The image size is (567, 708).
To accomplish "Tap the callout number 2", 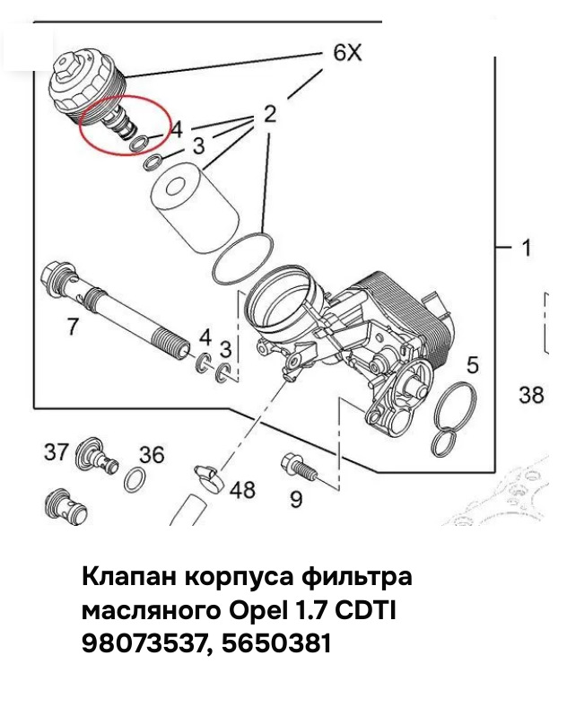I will point(269,114).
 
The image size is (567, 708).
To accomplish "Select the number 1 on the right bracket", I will point(527,247).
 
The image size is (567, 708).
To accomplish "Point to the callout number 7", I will point(73,327).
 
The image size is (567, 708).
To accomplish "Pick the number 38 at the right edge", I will point(531,394).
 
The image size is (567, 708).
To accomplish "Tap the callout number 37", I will point(56,451).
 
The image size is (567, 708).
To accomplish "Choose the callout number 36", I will point(152,455).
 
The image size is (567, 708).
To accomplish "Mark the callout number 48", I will point(242,490).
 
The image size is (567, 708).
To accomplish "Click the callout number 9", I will point(296,499).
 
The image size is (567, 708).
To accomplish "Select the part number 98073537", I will point(143,642).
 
